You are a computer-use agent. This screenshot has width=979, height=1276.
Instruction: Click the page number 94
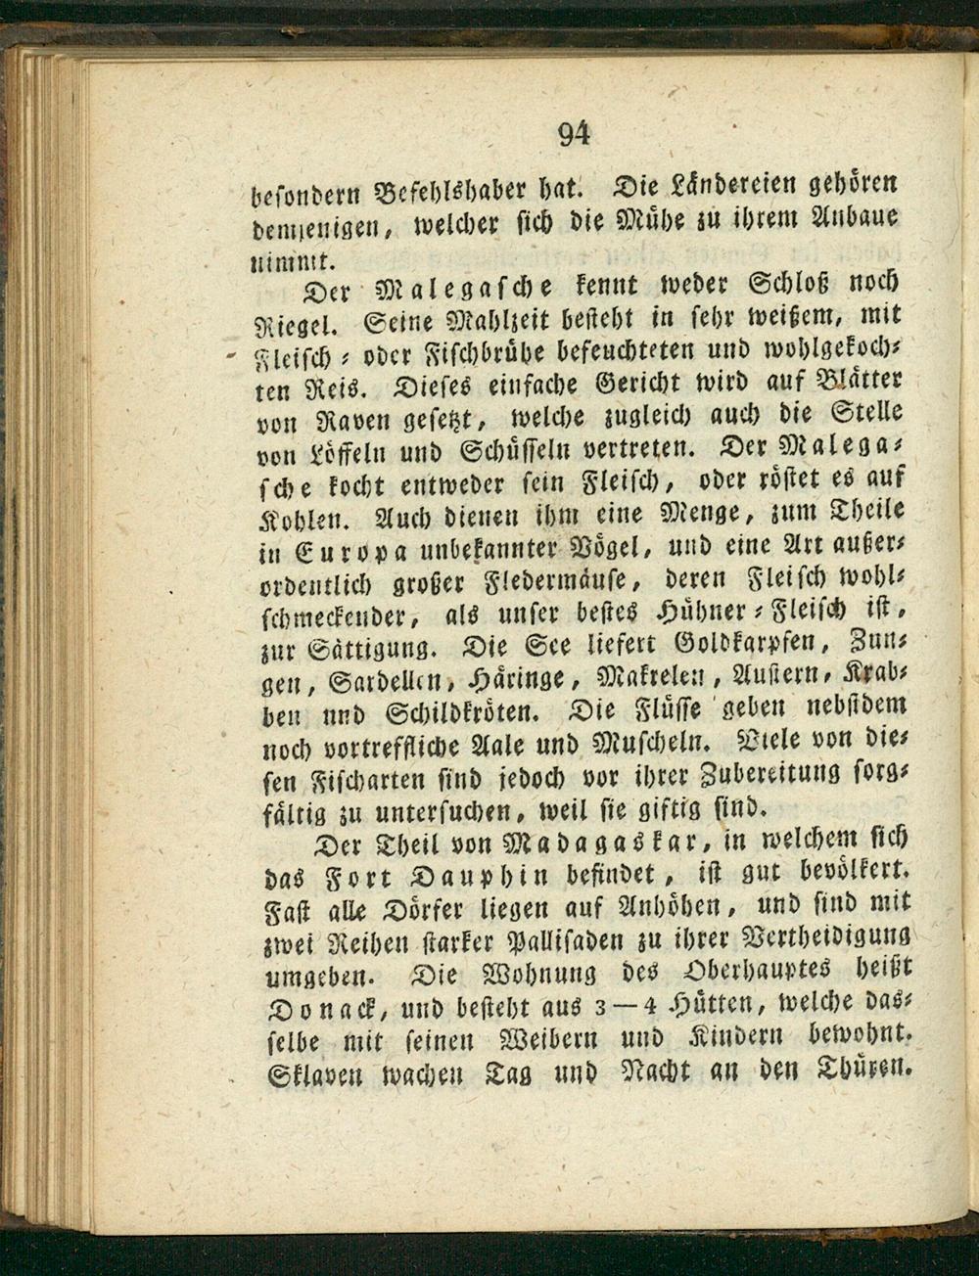click(575, 134)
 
